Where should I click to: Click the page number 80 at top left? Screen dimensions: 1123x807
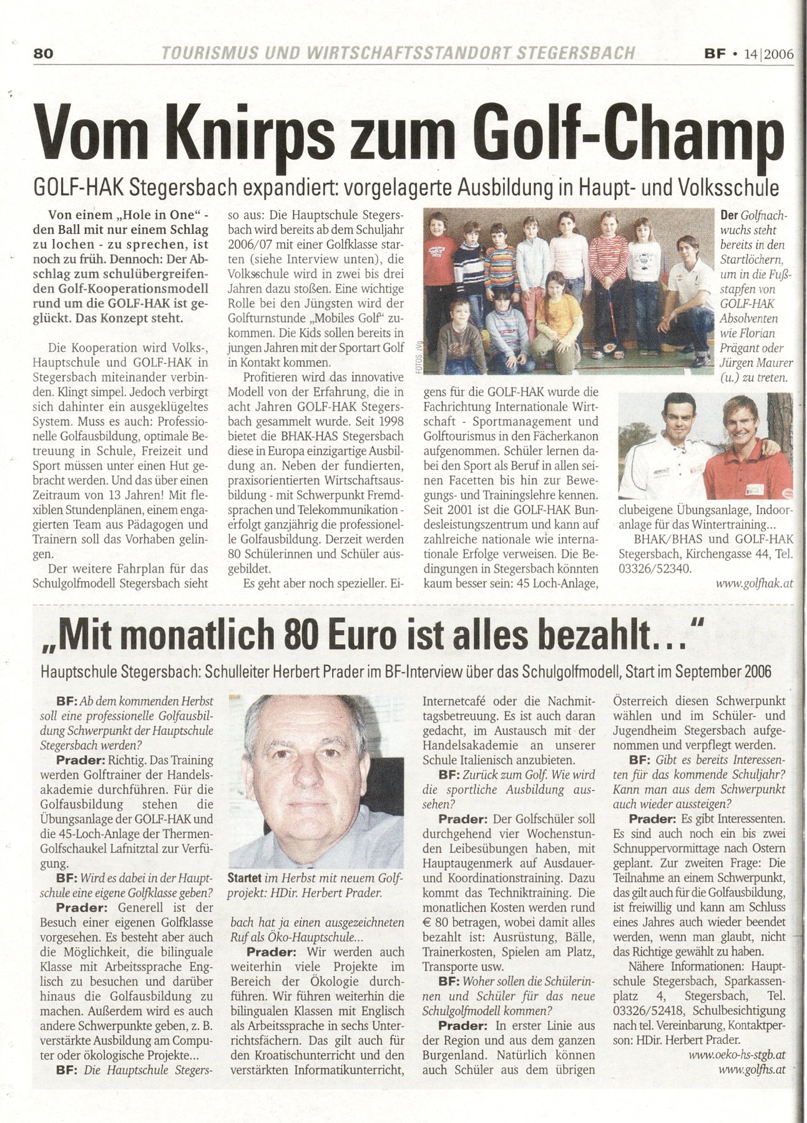pyautogui.click(x=44, y=54)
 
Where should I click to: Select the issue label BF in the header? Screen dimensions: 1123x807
pyautogui.click(x=715, y=54)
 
